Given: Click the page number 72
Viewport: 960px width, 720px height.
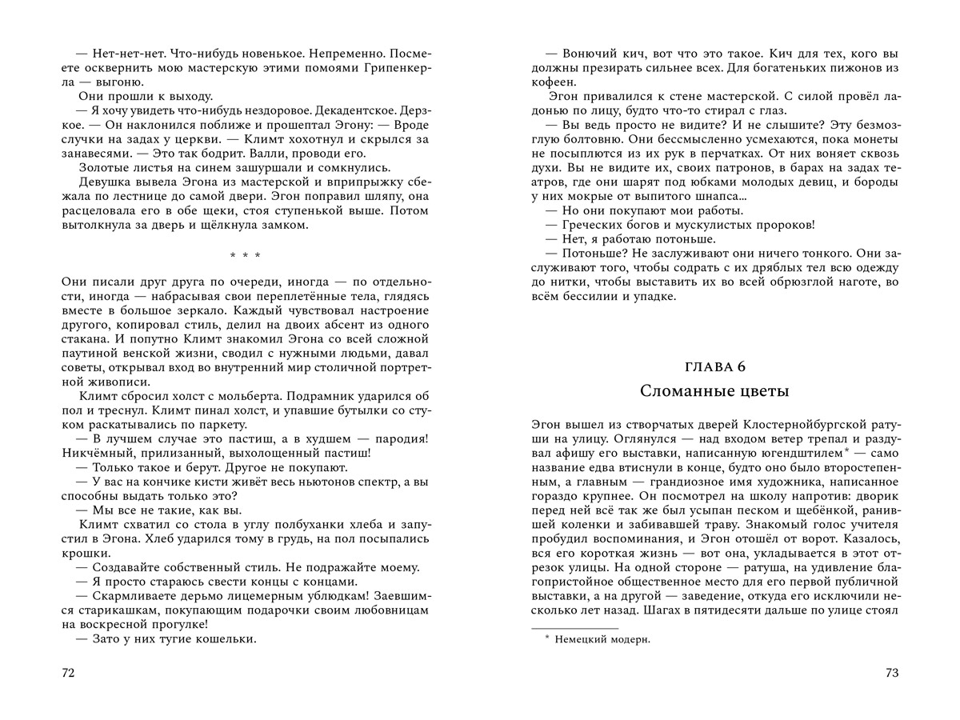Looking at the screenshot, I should [67, 673].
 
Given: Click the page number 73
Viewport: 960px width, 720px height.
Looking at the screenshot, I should [892, 673].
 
